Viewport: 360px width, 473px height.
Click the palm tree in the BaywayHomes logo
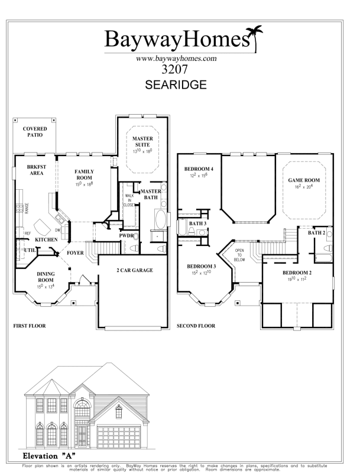[x=255, y=38]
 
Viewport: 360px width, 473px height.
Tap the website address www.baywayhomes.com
[x=176, y=59]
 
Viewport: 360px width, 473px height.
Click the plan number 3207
[x=174, y=70]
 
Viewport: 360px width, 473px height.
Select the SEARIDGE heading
[x=176, y=85]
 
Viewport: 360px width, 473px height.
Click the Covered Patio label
[x=35, y=132]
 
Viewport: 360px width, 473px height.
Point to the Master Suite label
[x=142, y=141]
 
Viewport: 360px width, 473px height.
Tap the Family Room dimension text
[x=84, y=184]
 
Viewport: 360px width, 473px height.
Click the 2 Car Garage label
[x=135, y=270]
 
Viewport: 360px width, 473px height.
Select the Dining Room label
[x=46, y=277]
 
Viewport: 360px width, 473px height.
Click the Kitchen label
[x=46, y=239]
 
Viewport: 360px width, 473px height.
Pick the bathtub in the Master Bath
[x=160, y=219]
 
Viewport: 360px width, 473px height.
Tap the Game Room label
[x=304, y=180]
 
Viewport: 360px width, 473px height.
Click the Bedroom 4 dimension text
[x=199, y=175]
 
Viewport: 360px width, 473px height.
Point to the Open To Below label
[x=239, y=255]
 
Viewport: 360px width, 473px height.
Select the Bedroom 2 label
[x=297, y=273]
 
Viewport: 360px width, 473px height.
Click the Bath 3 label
[x=198, y=223]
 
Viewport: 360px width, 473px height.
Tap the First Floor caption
[x=30, y=326]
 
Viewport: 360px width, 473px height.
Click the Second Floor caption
[x=196, y=326]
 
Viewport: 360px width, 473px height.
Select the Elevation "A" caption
[x=49, y=455]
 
